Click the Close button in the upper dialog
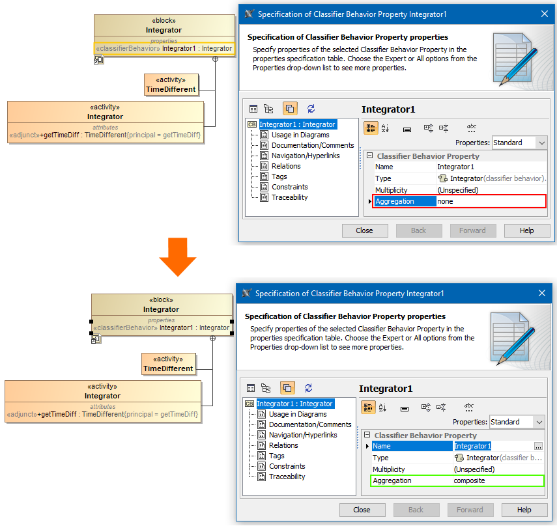[x=365, y=230]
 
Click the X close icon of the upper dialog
[x=544, y=14]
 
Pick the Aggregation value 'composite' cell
[x=498, y=480]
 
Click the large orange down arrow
[x=178, y=257]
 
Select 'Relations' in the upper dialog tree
[x=286, y=166]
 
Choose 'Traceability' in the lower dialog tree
[x=287, y=477]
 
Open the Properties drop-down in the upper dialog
[x=519, y=143]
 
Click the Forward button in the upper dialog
[x=472, y=230]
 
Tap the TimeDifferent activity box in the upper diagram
[x=171, y=85]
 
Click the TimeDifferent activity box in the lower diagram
[x=168, y=364]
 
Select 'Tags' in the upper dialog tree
[x=279, y=176]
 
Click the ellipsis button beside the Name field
[x=538, y=446]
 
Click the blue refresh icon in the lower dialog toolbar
[x=308, y=388]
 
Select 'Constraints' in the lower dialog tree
[x=287, y=466]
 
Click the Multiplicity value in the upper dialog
[x=458, y=190]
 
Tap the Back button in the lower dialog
[x=416, y=510]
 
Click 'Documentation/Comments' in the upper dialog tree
[x=313, y=145]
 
